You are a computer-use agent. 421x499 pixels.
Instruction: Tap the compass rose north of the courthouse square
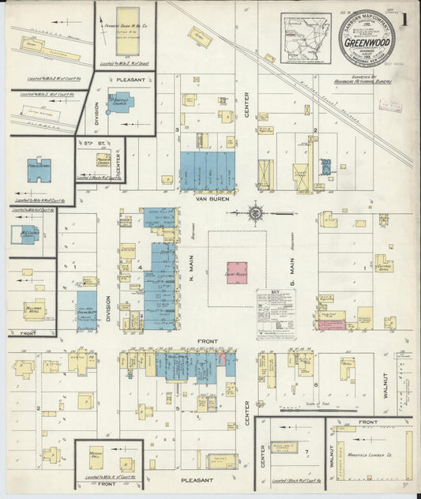(x=258, y=212)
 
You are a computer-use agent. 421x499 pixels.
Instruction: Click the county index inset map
(x=306, y=37)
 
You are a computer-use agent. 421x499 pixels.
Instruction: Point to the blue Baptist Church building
(x=124, y=101)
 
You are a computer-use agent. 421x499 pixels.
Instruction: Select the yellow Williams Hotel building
(x=34, y=309)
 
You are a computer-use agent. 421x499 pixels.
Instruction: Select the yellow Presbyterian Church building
(x=103, y=160)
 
